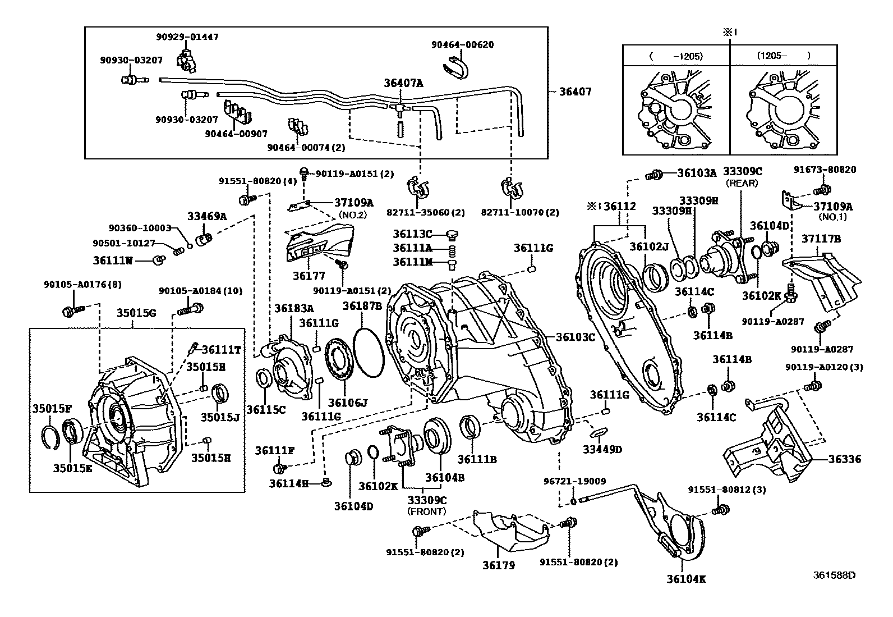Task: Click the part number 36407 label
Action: tap(575, 92)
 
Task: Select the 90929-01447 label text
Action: tap(187, 37)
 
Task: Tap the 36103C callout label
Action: tap(575, 337)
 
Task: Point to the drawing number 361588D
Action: tap(835, 575)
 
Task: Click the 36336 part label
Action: tap(845, 459)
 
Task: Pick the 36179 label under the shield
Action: tap(499, 565)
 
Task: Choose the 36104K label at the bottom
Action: tap(686, 579)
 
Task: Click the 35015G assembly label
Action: tap(136, 313)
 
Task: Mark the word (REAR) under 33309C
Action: tap(742, 183)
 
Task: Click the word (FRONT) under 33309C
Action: tap(426, 511)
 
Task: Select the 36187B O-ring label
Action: tap(362, 306)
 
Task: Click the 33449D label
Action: tap(602, 449)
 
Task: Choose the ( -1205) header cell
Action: tap(676, 56)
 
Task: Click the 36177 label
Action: tap(309, 275)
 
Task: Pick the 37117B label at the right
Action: tap(821, 239)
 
